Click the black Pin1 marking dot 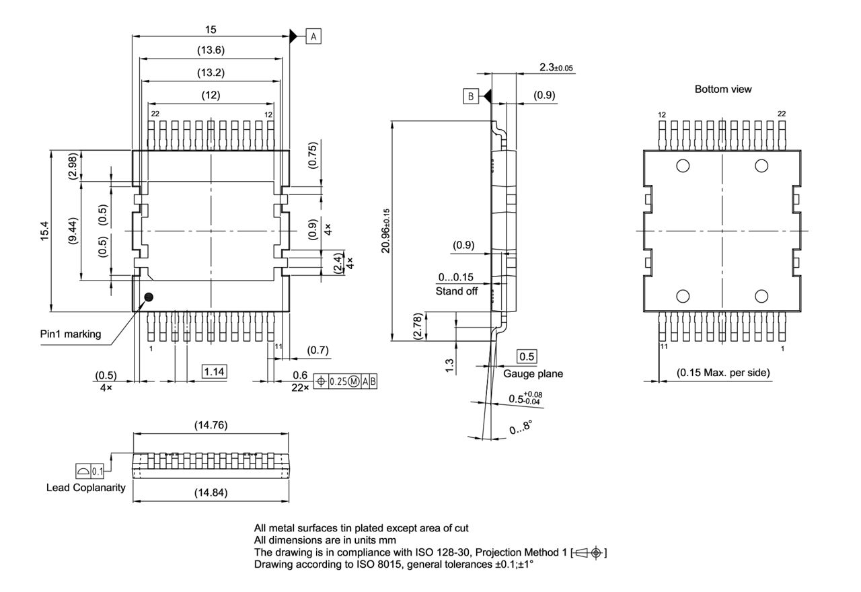pos(149,297)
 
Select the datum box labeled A pos(313,36)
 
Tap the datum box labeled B pos(470,96)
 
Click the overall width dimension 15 pos(211,30)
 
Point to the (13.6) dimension pos(211,50)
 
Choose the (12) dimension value pos(211,96)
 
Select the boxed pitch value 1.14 pos(215,371)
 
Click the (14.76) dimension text pos(211,425)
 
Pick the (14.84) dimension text pos(211,493)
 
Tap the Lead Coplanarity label pos(85,488)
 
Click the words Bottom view pos(723,89)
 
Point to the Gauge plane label pos(533,374)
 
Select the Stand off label pos(457,291)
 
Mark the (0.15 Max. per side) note pos(723,373)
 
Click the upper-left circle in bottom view pos(683,165)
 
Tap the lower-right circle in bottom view pos(761,296)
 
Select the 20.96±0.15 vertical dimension pos(385,230)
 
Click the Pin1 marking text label pos(71,334)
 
